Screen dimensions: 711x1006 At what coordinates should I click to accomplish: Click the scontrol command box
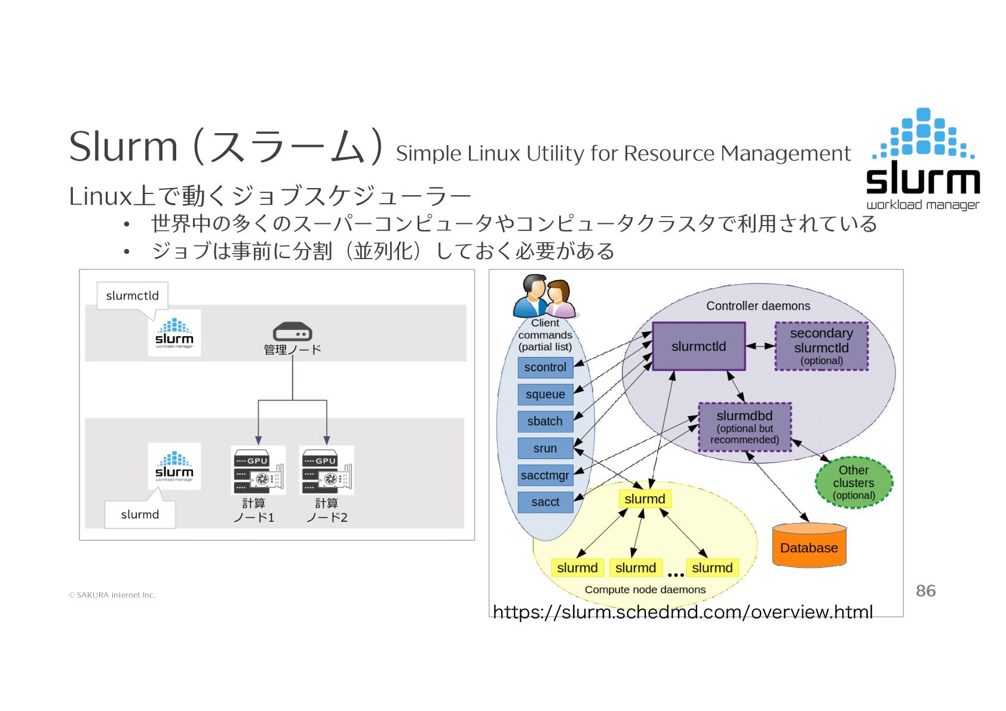[x=545, y=368]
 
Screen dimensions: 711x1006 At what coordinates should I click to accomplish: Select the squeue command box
[x=545, y=395]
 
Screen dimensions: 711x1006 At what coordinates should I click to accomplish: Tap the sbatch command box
[x=545, y=421]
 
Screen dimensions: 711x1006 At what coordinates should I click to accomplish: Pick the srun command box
[x=545, y=448]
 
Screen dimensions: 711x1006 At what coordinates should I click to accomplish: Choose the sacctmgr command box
[x=545, y=476]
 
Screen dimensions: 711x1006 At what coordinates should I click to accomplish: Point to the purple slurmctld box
[x=698, y=346]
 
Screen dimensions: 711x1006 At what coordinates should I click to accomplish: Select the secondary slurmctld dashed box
[x=821, y=346]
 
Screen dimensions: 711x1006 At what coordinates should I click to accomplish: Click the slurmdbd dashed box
[x=744, y=427]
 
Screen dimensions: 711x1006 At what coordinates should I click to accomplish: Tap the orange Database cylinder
[x=809, y=546]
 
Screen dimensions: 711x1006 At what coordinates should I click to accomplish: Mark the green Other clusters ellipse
[x=854, y=482]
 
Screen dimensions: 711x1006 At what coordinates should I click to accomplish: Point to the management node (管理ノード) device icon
[x=292, y=332]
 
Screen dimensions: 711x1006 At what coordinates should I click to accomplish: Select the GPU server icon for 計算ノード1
[x=258, y=470]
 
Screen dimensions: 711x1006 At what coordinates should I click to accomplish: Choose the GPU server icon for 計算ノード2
[x=327, y=470]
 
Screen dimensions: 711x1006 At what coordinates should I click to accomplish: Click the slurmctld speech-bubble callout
[x=133, y=296]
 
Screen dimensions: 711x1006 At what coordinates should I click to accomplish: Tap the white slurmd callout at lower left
[x=140, y=515]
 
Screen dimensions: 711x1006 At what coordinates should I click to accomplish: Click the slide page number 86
[x=925, y=591]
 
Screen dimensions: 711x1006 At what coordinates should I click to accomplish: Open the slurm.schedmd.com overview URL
[x=682, y=612]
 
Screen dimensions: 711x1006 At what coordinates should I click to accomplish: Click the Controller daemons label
[x=758, y=306]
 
